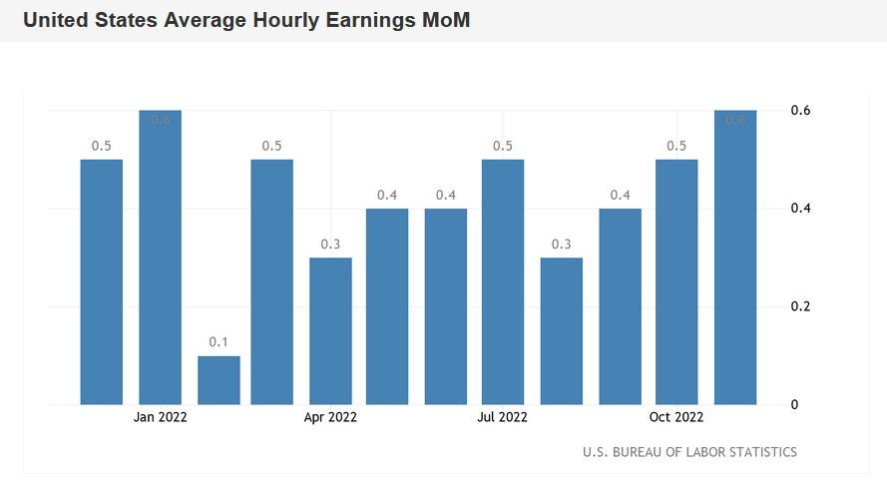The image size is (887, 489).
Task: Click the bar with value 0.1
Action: pyautogui.click(x=219, y=380)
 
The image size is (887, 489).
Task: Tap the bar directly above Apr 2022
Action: pyautogui.click(x=330, y=331)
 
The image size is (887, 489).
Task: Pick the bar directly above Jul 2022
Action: pyautogui.click(x=503, y=282)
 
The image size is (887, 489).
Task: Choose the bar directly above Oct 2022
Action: pyautogui.click(x=676, y=282)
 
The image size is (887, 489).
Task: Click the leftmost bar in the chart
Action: pyautogui.click(x=101, y=282)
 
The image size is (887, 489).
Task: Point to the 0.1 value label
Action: pyautogui.click(x=219, y=342)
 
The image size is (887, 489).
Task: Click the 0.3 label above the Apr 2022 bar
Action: pyautogui.click(x=330, y=244)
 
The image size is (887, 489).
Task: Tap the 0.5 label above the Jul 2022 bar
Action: pyautogui.click(x=503, y=147)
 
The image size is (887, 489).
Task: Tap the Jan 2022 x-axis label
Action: pyautogui.click(x=160, y=418)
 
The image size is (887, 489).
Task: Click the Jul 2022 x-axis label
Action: pyautogui.click(x=503, y=418)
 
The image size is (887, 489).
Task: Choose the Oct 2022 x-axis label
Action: pyautogui.click(x=676, y=418)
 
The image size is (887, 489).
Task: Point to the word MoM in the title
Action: pyautogui.click(x=444, y=21)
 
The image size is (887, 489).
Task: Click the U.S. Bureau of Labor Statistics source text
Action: pyautogui.click(x=689, y=453)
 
